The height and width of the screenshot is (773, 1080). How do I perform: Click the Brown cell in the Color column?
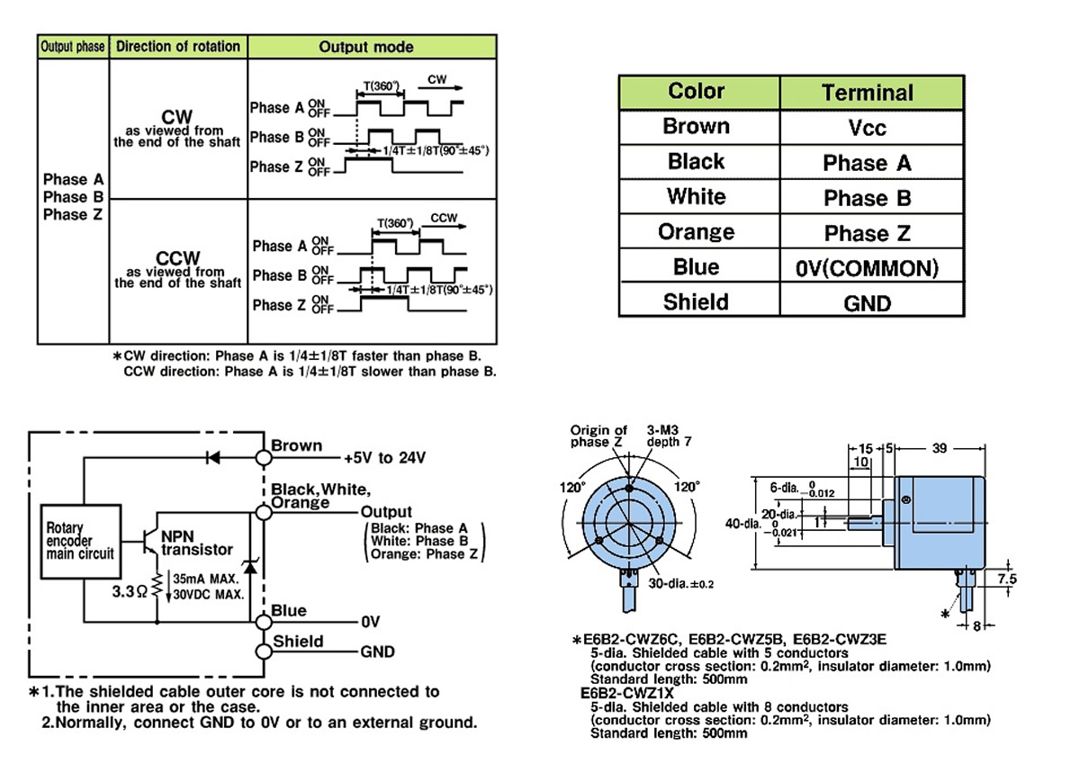[696, 126]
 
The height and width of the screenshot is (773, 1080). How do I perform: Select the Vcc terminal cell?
[867, 128]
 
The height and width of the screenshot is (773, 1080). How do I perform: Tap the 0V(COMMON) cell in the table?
[867, 268]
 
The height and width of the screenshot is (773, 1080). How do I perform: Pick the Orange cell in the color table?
[696, 232]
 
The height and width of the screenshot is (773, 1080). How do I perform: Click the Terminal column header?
[867, 93]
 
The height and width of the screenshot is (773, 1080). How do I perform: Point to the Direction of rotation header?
[178, 47]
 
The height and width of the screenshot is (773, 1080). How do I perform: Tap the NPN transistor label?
[196, 543]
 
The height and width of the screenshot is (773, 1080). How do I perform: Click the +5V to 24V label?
[385, 458]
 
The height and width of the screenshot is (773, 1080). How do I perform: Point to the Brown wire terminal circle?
[264, 457]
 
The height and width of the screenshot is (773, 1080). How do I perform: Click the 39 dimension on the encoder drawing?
[940, 446]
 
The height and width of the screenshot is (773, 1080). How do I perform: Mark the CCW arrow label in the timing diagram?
[443, 218]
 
